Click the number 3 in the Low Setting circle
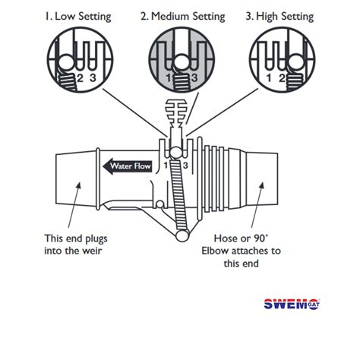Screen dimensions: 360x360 pos(92,77)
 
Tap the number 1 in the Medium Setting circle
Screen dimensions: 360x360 pos(169,77)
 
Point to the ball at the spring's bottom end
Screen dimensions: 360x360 pos(182,237)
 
